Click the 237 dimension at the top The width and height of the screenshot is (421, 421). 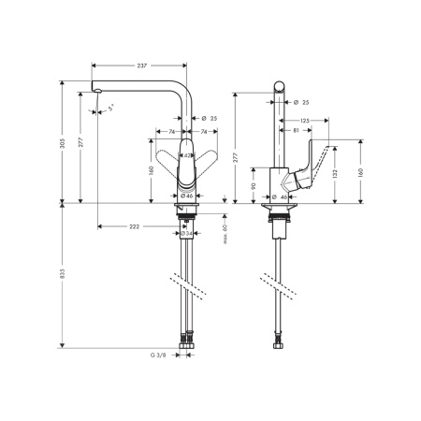tap(141, 65)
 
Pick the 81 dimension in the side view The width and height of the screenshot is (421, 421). tap(296, 130)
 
